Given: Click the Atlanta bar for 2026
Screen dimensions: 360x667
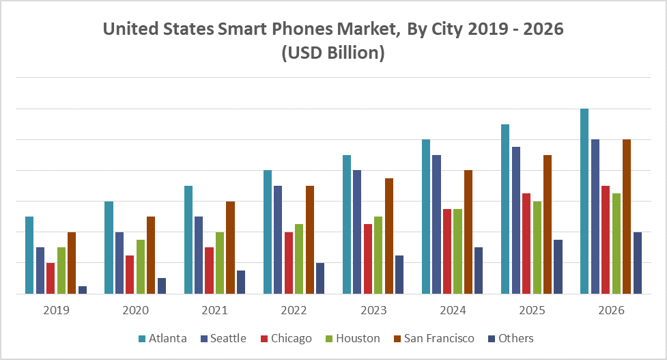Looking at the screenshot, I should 584,202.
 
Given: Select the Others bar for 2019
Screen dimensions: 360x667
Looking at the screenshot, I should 83,290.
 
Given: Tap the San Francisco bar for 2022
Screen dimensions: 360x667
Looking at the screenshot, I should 309,240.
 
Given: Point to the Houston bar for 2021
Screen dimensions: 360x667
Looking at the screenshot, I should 220,263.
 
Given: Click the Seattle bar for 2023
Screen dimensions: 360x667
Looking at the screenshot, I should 357,232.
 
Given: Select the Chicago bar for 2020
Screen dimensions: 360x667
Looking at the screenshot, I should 130,275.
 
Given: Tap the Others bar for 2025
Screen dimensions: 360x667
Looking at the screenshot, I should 558,266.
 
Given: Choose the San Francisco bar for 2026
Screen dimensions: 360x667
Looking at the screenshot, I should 626,217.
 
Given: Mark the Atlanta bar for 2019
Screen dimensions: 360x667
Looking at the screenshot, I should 29,255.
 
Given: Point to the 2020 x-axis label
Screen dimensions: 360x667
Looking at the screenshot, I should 135,310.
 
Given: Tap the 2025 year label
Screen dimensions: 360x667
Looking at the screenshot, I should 532,310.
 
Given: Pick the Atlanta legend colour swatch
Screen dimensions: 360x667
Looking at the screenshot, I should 141,339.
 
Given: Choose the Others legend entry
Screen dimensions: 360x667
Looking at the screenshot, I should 515,338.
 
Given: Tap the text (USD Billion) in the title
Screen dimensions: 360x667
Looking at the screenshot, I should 333,53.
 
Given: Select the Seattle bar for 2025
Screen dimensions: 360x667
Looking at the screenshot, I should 515,220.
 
